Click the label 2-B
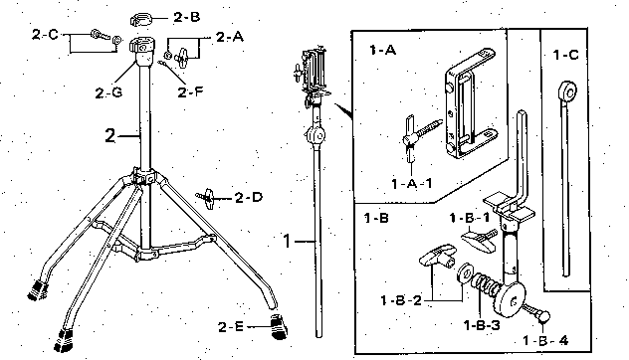click(x=186, y=17)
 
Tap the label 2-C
click(x=46, y=35)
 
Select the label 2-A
click(x=230, y=37)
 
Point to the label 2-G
click(x=108, y=93)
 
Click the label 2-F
click(x=190, y=92)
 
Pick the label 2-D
click(x=249, y=197)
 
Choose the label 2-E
click(x=231, y=327)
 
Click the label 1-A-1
click(x=412, y=184)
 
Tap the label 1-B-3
click(x=482, y=325)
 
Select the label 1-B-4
click(x=545, y=341)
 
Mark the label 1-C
click(x=565, y=55)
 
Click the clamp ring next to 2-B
click(x=142, y=19)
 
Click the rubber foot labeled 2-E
click(x=279, y=326)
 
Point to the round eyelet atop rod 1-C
click(x=567, y=91)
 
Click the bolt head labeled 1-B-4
click(x=544, y=316)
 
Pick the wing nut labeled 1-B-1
click(x=479, y=240)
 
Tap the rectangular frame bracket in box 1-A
click(x=470, y=104)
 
